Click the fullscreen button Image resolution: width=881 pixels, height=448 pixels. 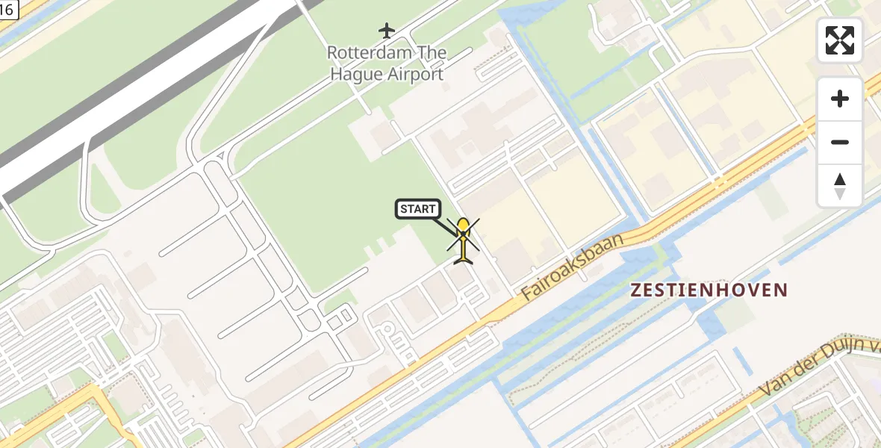click(840, 40)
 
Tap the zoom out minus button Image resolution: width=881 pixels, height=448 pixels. click(840, 142)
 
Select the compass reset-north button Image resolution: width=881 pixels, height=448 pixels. click(840, 185)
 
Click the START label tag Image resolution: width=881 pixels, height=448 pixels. click(417, 209)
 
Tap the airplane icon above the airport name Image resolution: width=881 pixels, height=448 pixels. click(386, 31)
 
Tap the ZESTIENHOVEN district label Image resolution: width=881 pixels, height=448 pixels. click(709, 290)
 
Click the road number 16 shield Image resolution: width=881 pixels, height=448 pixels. click(6, 9)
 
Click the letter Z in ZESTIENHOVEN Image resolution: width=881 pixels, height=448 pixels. click(636, 290)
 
